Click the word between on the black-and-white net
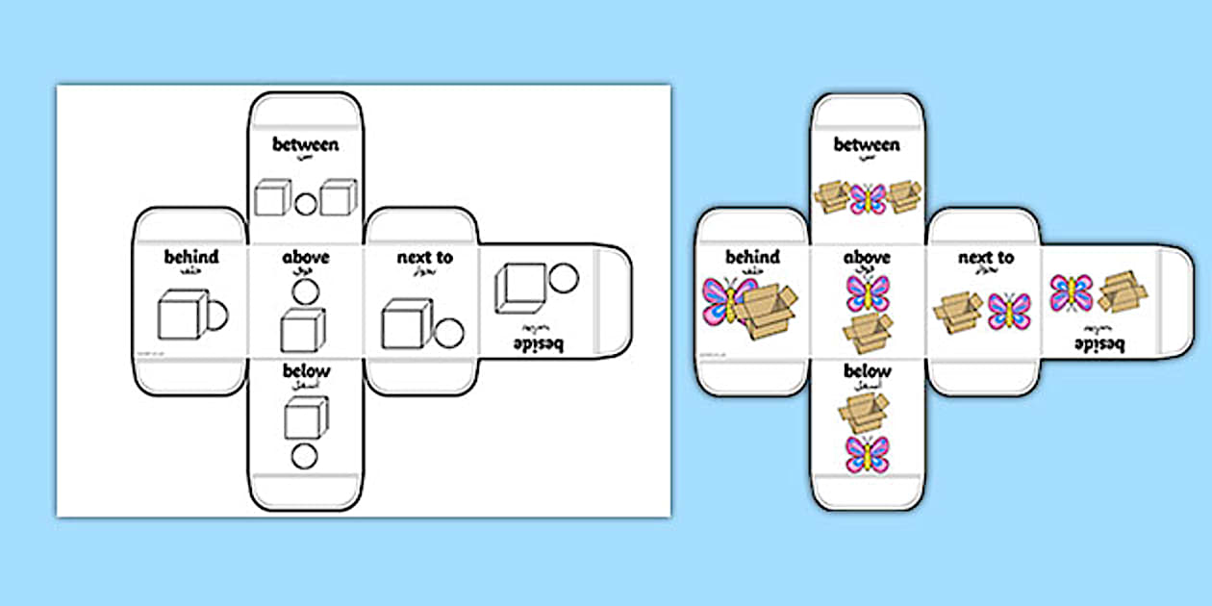click(x=306, y=145)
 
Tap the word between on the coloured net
click(x=867, y=145)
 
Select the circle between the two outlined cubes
click(x=305, y=203)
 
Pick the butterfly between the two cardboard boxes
click(x=867, y=199)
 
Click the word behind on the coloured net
click(x=752, y=257)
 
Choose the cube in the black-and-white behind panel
click(x=182, y=316)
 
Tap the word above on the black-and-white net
click(x=306, y=257)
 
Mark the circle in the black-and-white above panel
click(x=305, y=291)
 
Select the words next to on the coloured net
click(x=985, y=257)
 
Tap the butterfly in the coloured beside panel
click(x=1071, y=292)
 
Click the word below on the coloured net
click(x=867, y=371)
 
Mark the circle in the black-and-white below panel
click(x=304, y=455)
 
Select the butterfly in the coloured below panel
click(x=867, y=454)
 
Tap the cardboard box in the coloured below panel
click(x=865, y=412)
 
